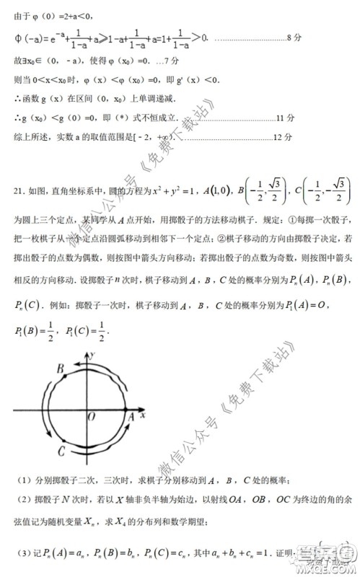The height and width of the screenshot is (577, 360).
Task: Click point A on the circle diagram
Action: pos(131,416)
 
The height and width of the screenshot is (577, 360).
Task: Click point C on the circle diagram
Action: pos(62,451)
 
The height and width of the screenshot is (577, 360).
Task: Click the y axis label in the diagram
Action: pos(93,355)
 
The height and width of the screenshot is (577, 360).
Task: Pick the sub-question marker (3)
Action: pos(25,552)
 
